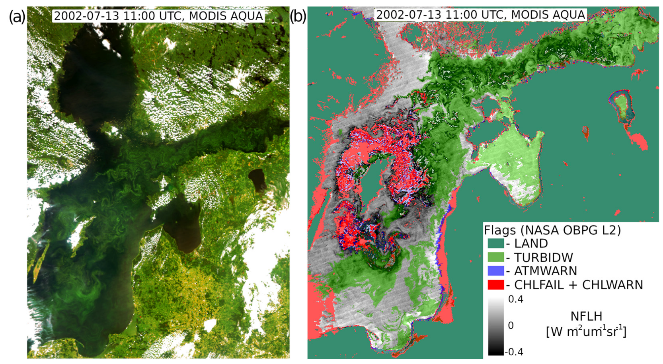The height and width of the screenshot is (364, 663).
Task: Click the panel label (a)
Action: (17, 16)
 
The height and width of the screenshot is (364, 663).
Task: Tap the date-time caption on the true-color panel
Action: (158, 16)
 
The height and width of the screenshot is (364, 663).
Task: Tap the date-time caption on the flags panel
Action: (480, 15)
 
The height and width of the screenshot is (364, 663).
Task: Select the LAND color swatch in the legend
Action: (496, 243)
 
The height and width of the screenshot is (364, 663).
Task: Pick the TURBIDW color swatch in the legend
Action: (496, 257)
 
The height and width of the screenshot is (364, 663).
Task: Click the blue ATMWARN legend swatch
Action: (496, 271)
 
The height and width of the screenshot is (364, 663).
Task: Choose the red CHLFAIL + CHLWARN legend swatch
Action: (496, 285)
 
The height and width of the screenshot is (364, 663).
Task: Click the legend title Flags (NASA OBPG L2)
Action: (552, 230)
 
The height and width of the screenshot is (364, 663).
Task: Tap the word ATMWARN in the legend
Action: (546, 271)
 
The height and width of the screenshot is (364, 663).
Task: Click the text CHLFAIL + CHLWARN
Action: (579, 285)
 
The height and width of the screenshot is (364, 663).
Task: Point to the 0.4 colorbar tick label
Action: (516, 299)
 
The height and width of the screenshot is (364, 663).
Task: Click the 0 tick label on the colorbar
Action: (511, 325)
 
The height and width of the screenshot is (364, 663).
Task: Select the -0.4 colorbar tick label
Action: (514, 352)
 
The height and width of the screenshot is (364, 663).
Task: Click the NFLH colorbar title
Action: (586, 316)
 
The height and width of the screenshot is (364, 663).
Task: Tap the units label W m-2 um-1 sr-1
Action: (586, 331)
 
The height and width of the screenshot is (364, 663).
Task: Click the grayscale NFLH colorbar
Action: (496, 325)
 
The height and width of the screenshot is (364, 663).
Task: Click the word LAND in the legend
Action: (531, 243)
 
